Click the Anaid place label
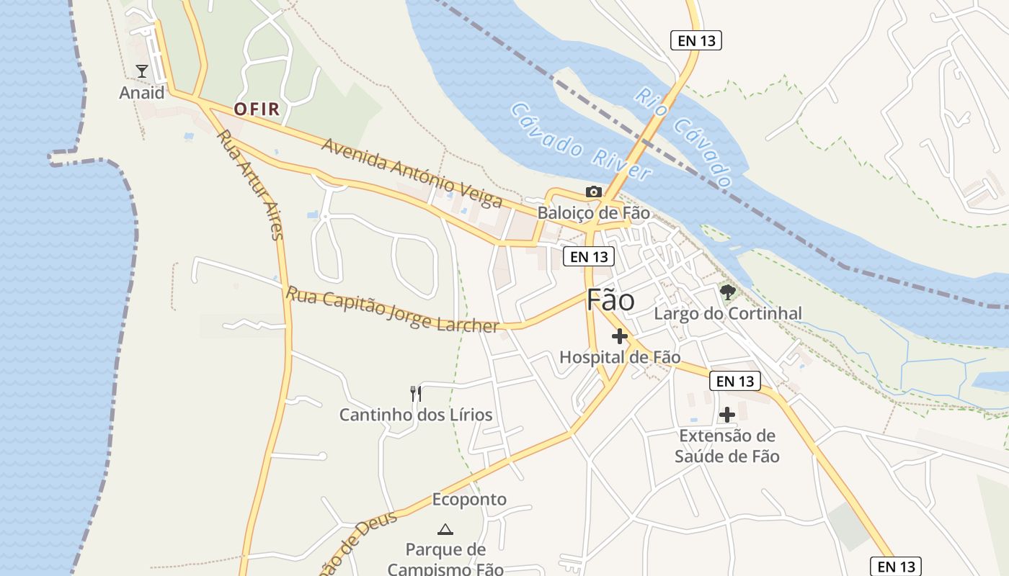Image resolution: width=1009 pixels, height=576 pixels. tap(141, 93)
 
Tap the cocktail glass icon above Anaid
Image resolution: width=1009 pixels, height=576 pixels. tap(141, 71)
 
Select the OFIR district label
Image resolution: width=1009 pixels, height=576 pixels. tap(256, 109)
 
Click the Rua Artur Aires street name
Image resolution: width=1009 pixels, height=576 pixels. tap(250, 185)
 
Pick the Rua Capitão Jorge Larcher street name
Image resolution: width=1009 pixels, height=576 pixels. tap(392, 310)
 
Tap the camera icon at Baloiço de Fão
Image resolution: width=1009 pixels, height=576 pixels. tap(593, 192)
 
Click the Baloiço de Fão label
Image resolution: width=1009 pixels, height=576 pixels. tap(593, 213)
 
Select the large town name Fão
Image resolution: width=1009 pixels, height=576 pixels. tap(610, 300)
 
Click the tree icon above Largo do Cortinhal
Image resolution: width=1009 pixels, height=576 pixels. tap(727, 292)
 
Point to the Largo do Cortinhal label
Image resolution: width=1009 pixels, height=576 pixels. tap(727, 313)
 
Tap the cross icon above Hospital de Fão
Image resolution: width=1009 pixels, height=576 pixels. tap(620, 336)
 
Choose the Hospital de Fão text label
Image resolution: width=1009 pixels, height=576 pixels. tap(620, 356)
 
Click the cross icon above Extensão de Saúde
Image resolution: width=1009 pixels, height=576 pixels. tap(727, 414)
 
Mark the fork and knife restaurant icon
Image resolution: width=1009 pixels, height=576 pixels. tap(415, 393)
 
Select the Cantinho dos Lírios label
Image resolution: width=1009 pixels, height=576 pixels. tap(416, 415)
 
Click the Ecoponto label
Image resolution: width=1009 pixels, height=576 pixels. tap(469, 499)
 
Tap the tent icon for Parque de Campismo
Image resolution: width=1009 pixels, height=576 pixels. tap(445, 529)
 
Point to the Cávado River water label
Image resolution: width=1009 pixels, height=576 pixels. tap(581, 141)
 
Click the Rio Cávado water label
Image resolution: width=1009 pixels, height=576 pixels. tap(683, 137)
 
